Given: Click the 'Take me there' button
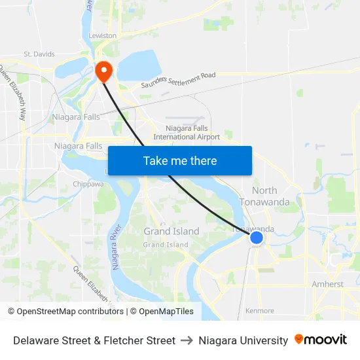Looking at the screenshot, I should click(x=179, y=160).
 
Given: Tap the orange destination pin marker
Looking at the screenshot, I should click(x=103, y=70).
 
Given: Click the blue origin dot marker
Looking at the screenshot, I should click(x=257, y=238).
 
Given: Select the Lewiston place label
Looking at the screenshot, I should click(x=103, y=35).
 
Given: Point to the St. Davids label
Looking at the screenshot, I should click(x=39, y=54).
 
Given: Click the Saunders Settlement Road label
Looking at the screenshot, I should click(x=178, y=80).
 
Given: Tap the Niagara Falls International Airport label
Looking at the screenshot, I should click(x=187, y=133).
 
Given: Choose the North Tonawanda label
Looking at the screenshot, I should click(x=264, y=196).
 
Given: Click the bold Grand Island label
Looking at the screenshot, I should click(x=171, y=231).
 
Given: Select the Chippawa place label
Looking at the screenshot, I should click(x=88, y=184).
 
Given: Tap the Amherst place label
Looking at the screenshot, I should click(x=327, y=284).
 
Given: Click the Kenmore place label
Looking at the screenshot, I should click(x=259, y=311).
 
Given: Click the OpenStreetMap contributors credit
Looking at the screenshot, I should click(x=65, y=312).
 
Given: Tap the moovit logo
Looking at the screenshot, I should click(x=321, y=340).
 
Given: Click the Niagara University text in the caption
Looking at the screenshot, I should click(x=243, y=340).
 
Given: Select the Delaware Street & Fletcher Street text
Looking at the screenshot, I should click(x=94, y=340).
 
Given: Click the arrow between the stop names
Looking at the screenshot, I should click(x=187, y=340).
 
